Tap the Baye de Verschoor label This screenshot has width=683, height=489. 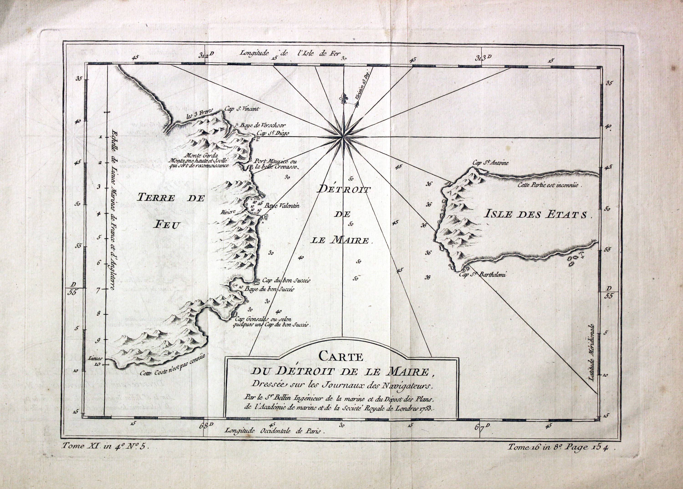[x=260, y=126]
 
